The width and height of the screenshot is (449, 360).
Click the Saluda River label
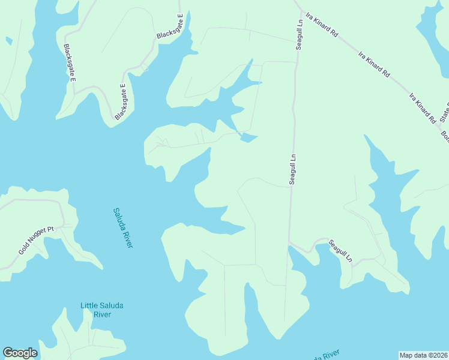point(122,228)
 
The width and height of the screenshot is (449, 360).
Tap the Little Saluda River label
point(102,310)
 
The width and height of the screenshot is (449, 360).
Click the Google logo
point(20,353)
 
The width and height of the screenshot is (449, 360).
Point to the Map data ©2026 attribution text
point(423,355)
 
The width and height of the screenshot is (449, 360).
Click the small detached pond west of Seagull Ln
point(249,138)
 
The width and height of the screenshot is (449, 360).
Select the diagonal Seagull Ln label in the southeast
point(341,251)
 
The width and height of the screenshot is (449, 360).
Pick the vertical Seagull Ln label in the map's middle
point(293,169)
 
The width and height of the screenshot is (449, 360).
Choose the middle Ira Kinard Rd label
point(374,64)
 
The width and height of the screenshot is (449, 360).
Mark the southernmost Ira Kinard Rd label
point(423,108)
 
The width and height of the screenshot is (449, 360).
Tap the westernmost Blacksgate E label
point(70,63)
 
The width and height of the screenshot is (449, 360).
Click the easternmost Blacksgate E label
point(169,26)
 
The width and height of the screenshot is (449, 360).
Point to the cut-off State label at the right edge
point(444,112)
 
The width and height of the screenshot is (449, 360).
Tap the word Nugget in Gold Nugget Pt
point(37,239)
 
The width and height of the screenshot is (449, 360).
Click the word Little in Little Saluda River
point(89,305)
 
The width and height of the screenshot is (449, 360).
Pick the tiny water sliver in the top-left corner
point(8,41)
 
